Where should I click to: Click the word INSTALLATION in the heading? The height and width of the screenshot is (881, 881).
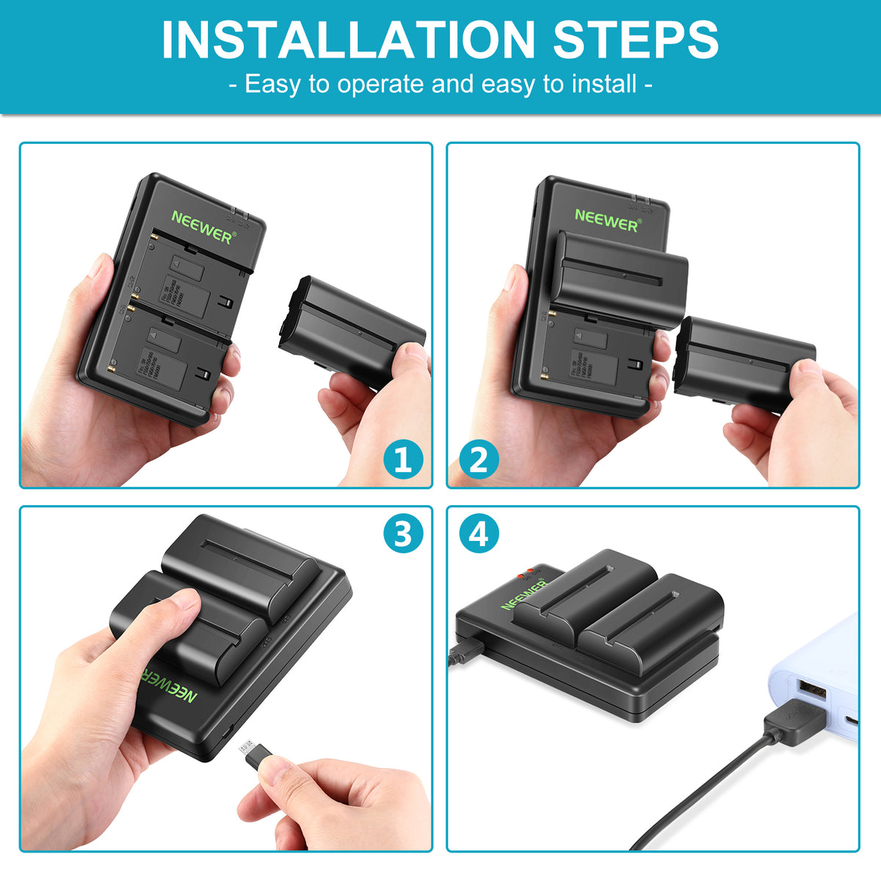pos(349,40)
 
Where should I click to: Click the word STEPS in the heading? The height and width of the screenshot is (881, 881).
pos(636,40)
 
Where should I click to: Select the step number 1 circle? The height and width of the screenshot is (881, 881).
pos(403,460)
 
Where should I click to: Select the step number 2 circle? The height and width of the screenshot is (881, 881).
pos(479,460)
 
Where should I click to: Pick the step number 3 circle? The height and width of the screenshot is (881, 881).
pos(403,534)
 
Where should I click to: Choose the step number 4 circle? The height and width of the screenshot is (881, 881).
pos(479,534)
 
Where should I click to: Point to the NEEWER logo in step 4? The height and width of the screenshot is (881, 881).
pos(524,593)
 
